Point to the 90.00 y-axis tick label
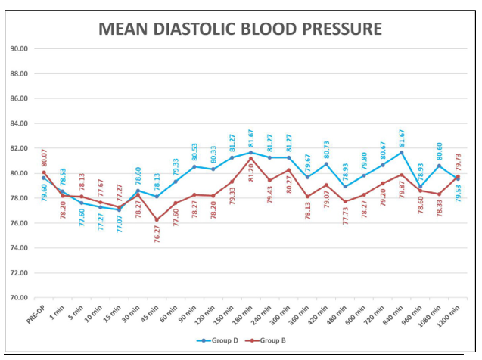pyautogui.click(x=19, y=48)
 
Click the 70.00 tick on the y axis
pyautogui.click(x=19, y=297)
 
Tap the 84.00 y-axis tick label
pyautogui.click(x=19, y=123)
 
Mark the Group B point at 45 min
pyautogui.click(x=157, y=220)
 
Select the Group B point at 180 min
pyautogui.click(x=250, y=158)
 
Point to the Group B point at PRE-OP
pyautogui.click(x=44, y=172)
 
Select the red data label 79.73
pyautogui.click(x=458, y=163)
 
